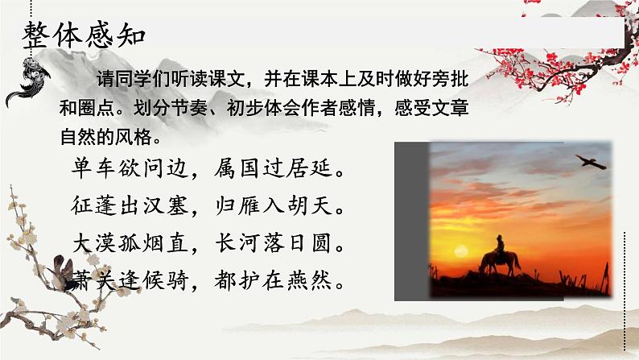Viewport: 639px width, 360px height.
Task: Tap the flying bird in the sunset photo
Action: point(593,160)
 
